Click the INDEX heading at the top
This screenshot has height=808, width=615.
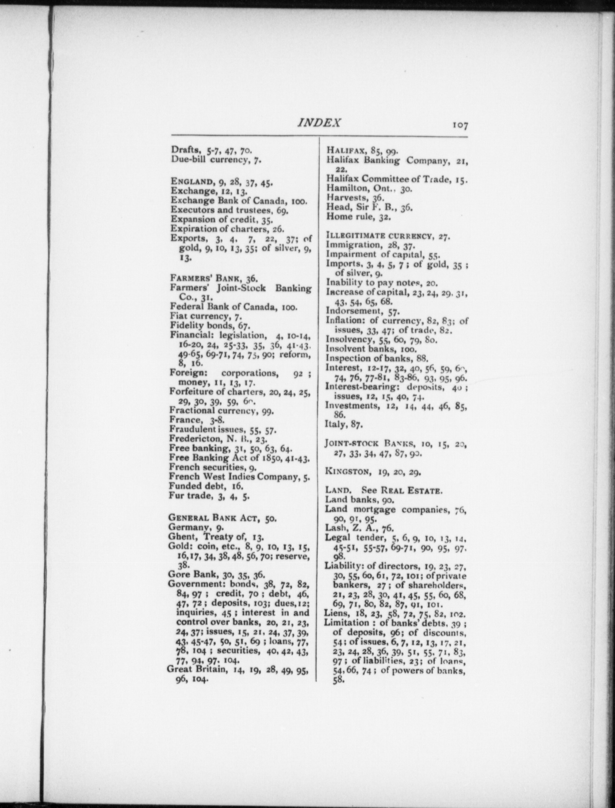click(319, 123)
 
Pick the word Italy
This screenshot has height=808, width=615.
click(334, 424)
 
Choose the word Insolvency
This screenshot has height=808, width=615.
click(344, 340)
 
